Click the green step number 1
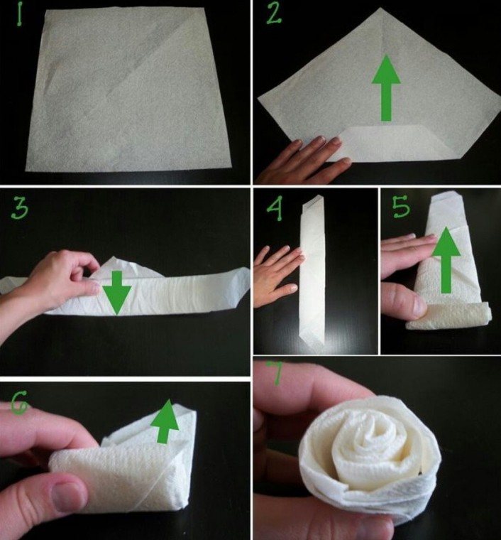[19, 13]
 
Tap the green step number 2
[274, 13]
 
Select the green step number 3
[20, 209]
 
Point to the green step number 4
[275, 207]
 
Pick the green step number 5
[401, 207]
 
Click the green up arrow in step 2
[386, 88]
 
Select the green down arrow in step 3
[117, 293]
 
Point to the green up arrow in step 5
[446, 260]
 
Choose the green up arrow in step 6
[165, 421]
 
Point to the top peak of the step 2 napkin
[380, 9]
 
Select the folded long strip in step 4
[313, 273]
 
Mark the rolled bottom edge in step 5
[448, 316]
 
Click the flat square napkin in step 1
[128, 90]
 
